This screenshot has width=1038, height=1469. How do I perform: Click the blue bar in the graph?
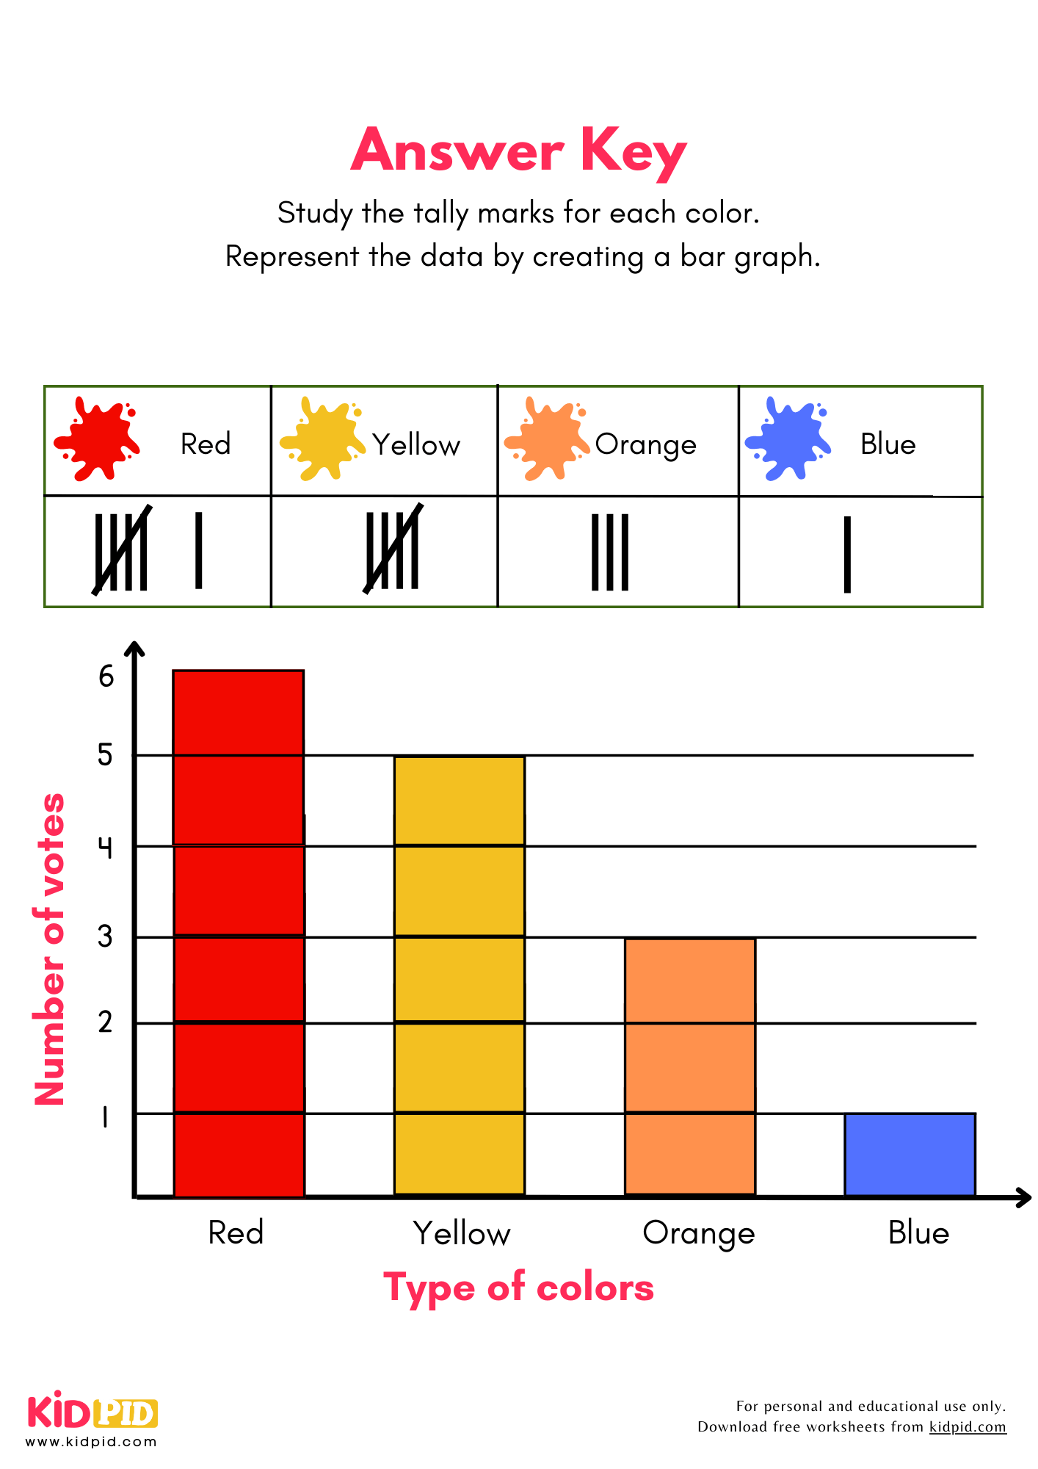click(910, 1155)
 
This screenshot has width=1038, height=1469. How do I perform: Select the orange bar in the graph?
click(689, 1066)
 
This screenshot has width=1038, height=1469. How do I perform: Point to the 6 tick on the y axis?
click(106, 676)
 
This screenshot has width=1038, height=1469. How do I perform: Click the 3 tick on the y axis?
click(106, 936)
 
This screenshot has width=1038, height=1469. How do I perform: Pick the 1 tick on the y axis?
click(105, 1117)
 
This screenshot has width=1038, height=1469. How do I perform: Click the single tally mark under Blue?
click(847, 554)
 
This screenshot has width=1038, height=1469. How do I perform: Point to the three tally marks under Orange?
click(610, 552)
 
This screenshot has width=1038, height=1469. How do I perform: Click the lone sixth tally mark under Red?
click(198, 550)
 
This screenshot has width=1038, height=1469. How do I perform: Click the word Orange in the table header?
click(645, 445)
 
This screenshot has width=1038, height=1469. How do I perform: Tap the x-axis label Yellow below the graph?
click(462, 1233)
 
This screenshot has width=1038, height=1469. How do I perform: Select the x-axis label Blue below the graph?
click(918, 1232)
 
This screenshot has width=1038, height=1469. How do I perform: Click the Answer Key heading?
click(518, 151)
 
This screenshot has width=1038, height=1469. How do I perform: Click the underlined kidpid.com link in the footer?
click(968, 1426)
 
